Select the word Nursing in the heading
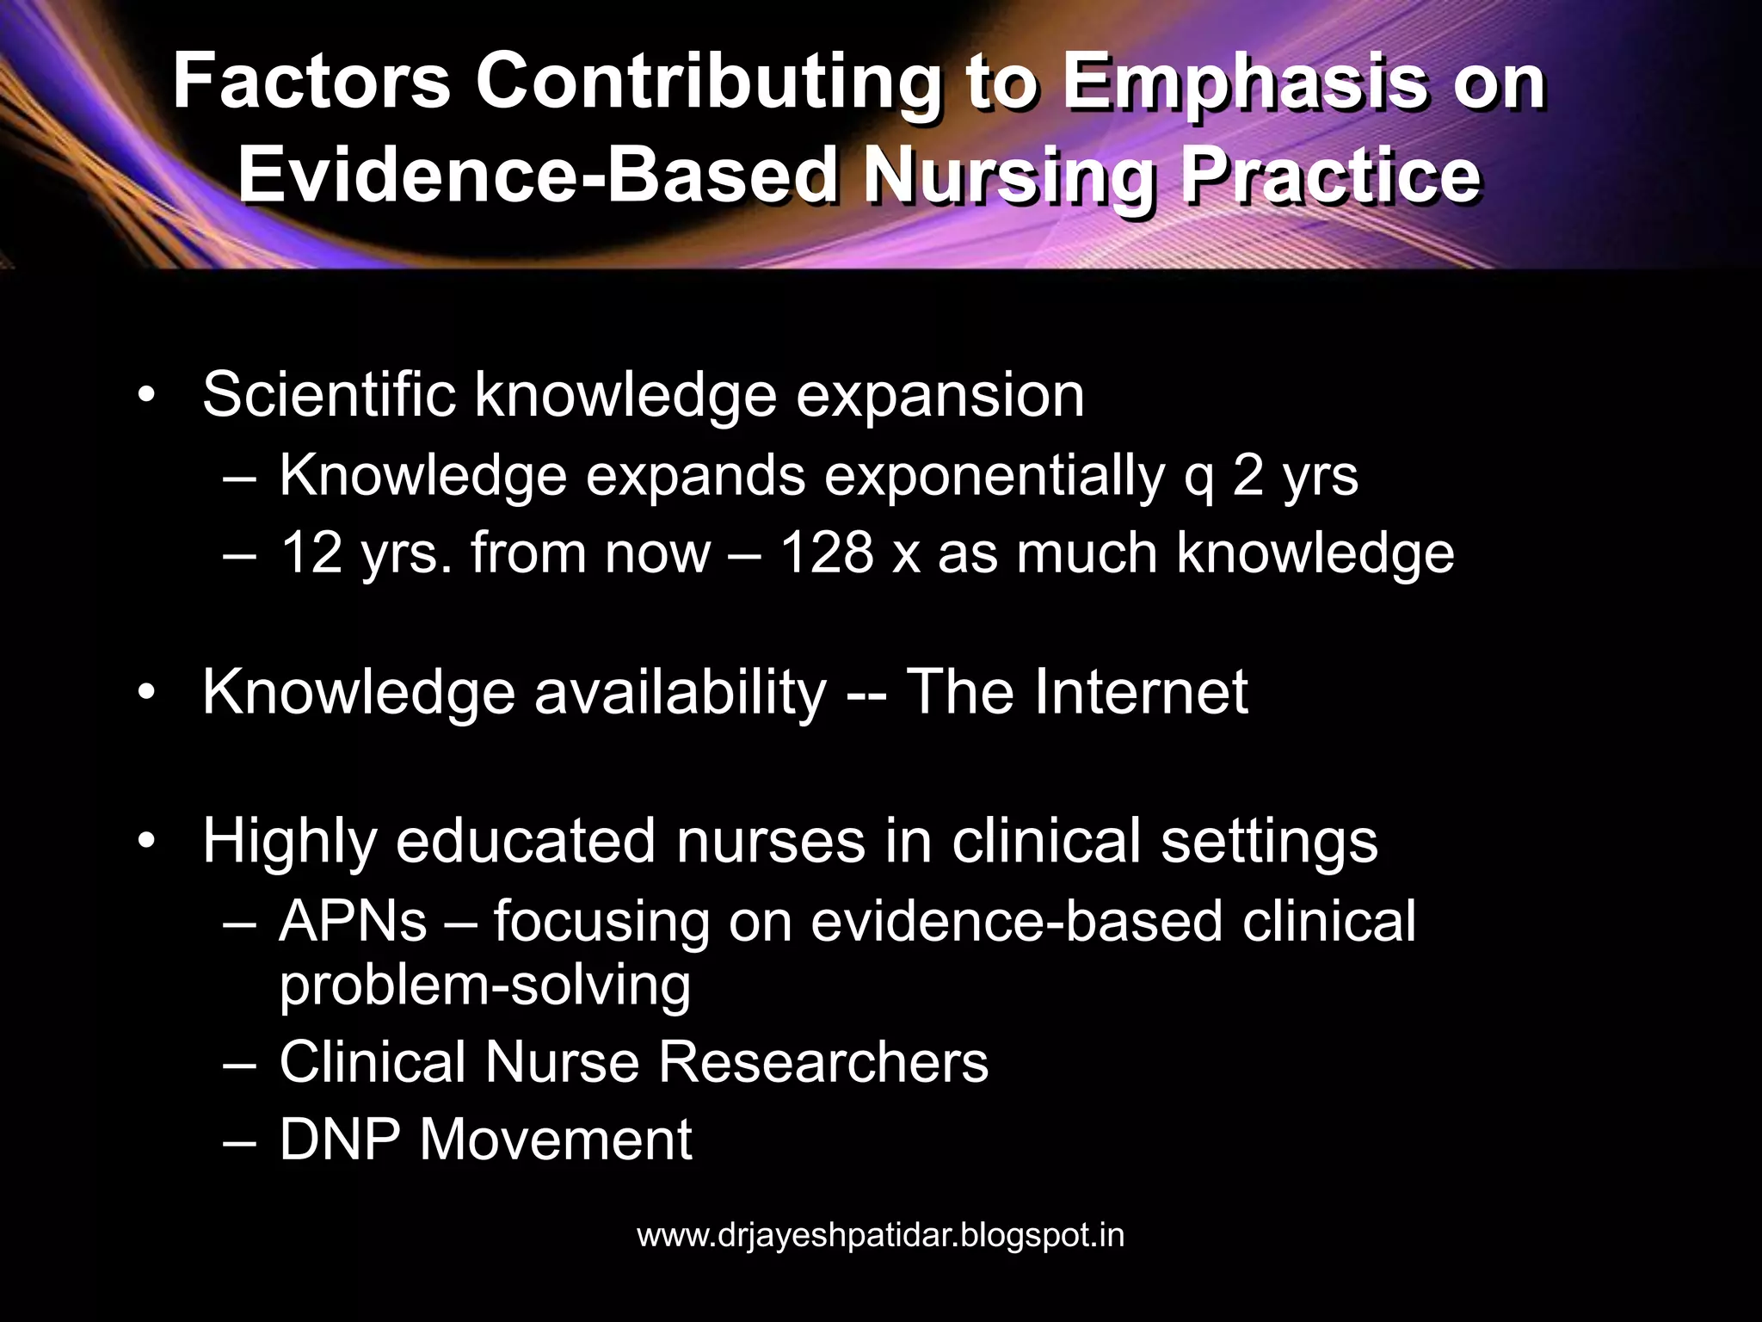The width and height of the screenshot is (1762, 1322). [1009, 176]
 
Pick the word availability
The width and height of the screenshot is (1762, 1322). [680, 693]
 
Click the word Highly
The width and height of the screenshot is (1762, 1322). [289, 841]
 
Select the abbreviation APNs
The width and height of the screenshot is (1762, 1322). [353, 921]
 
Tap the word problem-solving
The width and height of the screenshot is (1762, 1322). [485, 985]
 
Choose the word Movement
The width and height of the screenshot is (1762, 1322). [556, 1140]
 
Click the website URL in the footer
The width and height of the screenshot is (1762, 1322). [880, 1236]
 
